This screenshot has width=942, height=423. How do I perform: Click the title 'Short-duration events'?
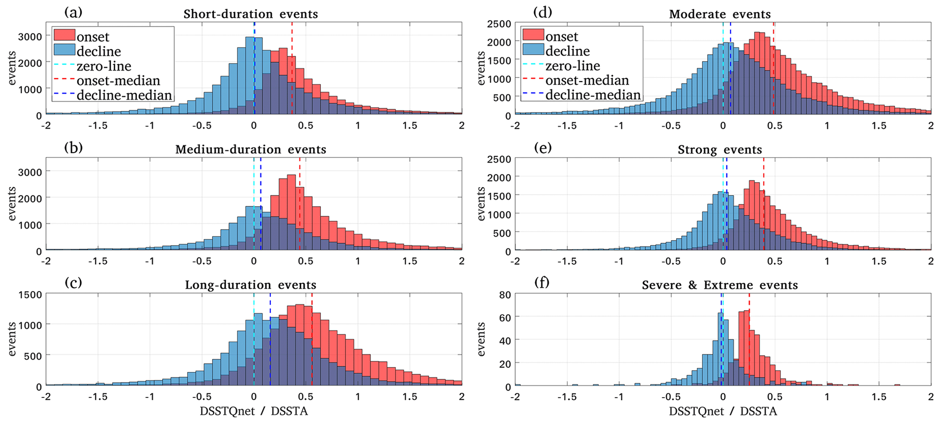[x=251, y=14]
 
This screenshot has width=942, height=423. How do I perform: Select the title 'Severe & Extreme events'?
[x=720, y=285]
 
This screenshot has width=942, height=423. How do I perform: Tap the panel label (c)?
[x=73, y=283]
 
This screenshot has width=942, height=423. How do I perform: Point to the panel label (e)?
[x=542, y=148]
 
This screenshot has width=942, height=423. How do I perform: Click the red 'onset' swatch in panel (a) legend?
[x=64, y=35]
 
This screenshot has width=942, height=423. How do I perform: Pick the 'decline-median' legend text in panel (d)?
[x=593, y=95]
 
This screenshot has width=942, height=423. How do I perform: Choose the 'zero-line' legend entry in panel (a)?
[x=104, y=66]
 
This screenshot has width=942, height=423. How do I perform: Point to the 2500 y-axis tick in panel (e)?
[x=498, y=159]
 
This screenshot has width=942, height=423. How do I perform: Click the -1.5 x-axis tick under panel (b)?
[x=98, y=261]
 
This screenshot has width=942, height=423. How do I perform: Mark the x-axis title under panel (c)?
[x=253, y=411]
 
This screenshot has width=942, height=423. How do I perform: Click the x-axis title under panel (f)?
[x=722, y=411]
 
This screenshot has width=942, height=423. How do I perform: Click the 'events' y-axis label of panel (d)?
[x=481, y=68]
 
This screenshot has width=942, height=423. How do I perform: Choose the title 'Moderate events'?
[x=720, y=14]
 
